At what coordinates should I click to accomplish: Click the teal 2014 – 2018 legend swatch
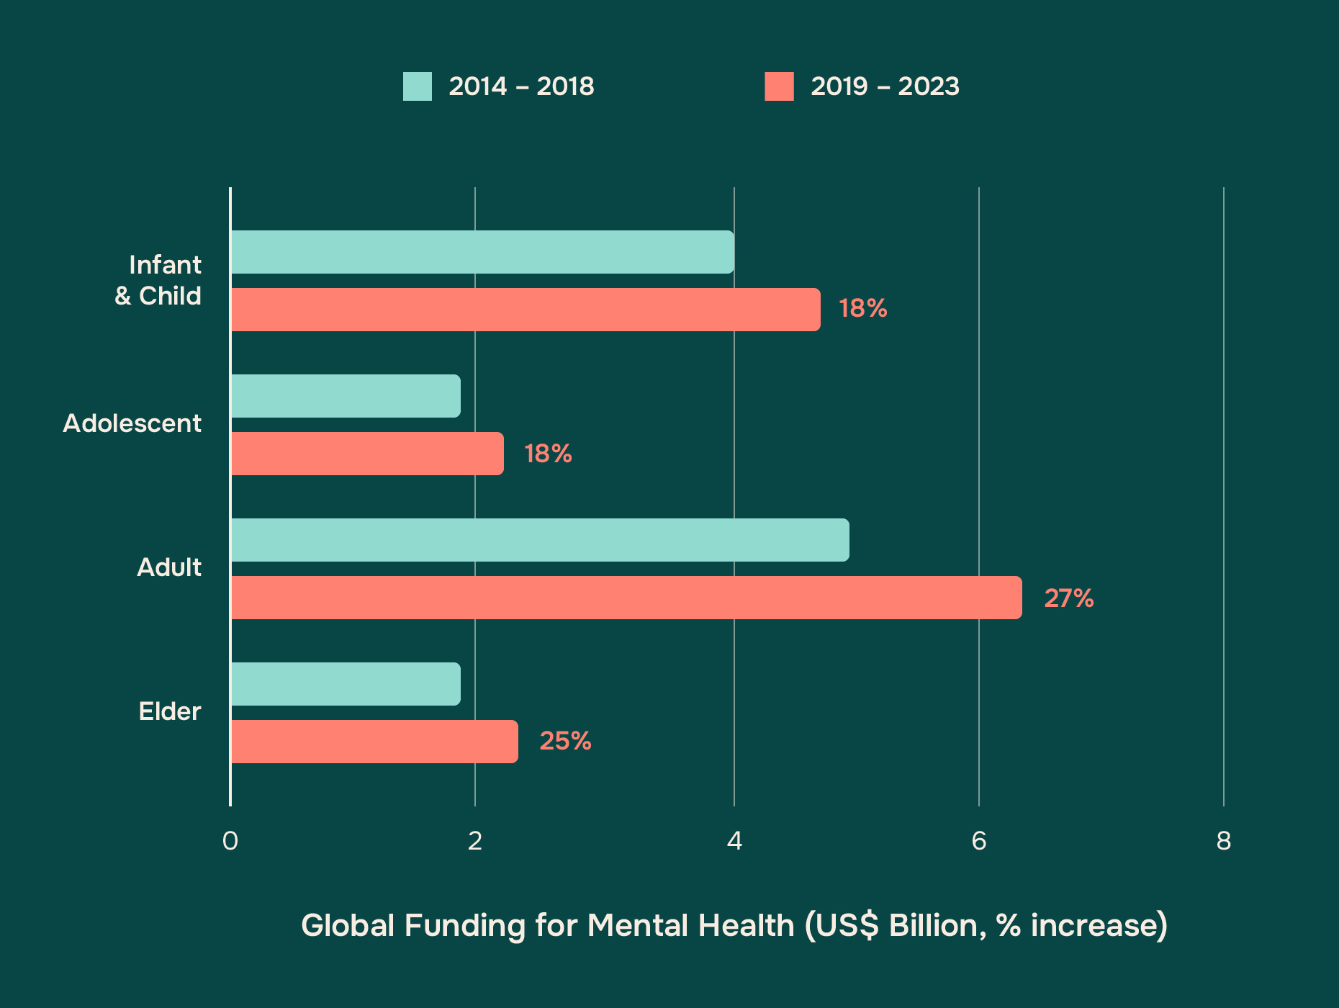pyautogui.click(x=417, y=86)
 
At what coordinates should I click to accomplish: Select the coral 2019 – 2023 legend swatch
pyautogui.click(x=779, y=86)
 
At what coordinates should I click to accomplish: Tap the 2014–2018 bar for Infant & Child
pyautogui.click(x=482, y=252)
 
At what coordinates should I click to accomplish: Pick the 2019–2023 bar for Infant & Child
pyautogui.click(x=526, y=310)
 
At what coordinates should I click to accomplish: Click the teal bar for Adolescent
pyautogui.click(x=346, y=396)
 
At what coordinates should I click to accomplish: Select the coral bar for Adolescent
pyautogui.click(x=367, y=454)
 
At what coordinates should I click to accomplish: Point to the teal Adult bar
pyautogui.click(x=540, y=540)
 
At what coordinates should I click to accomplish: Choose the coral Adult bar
pyautogui.click(x=626, y=598)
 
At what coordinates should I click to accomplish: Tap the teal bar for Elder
pyautogui.click(x=346, y=684)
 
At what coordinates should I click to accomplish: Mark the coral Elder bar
pyautogui.click(x=374, y=742)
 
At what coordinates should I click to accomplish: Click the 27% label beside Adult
pyautogui.click(x=1068, y=598)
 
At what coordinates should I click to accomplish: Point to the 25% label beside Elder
pyautogui.click(x=565, y=741)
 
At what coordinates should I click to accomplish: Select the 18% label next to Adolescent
pyautogui.click(x=548, y=454)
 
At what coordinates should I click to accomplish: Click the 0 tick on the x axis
pyautogui.click(x=230, y=841)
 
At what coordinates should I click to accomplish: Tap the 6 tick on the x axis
pyautogui.click(x=979, y=841)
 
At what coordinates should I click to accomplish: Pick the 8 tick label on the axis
pyautogui.click(x=1224, y=841)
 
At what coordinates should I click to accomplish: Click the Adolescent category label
pyautogui.click(x=132, y=423)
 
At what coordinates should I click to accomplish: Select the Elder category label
pyautogui.click(x=170, y=711)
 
